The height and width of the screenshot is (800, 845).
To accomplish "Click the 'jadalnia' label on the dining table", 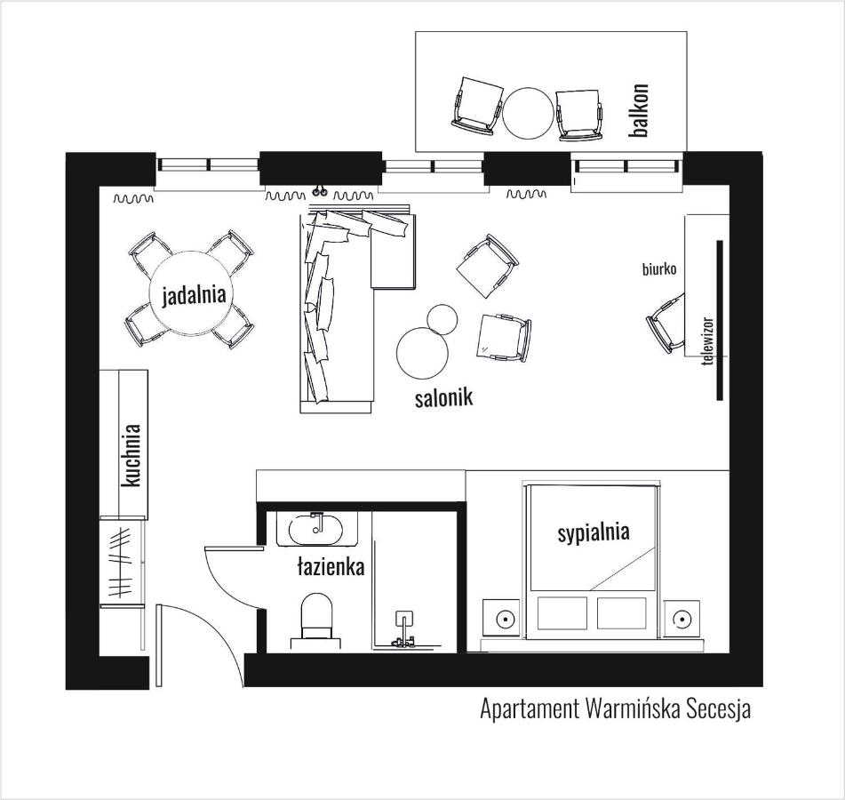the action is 194,295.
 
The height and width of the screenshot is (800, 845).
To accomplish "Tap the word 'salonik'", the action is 444,397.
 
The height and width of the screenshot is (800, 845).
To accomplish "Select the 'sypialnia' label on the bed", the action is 594,532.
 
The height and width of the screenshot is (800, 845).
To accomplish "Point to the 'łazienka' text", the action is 331,566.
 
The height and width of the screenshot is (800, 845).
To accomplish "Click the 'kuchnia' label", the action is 132,455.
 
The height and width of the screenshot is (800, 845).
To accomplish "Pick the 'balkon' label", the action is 640,110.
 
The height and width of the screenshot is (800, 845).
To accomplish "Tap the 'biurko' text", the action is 659,269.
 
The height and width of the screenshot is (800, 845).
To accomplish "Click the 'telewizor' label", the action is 708,341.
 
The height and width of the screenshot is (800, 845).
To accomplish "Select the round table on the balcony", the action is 528,113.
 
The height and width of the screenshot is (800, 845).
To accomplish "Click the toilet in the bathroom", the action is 316,620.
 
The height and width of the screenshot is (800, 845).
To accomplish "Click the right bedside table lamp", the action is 682,619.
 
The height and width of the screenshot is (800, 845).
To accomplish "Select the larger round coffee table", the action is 422,353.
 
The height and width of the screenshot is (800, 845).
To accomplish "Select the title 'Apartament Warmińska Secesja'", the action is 615,709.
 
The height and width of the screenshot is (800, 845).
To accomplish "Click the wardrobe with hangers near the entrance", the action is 123,562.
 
